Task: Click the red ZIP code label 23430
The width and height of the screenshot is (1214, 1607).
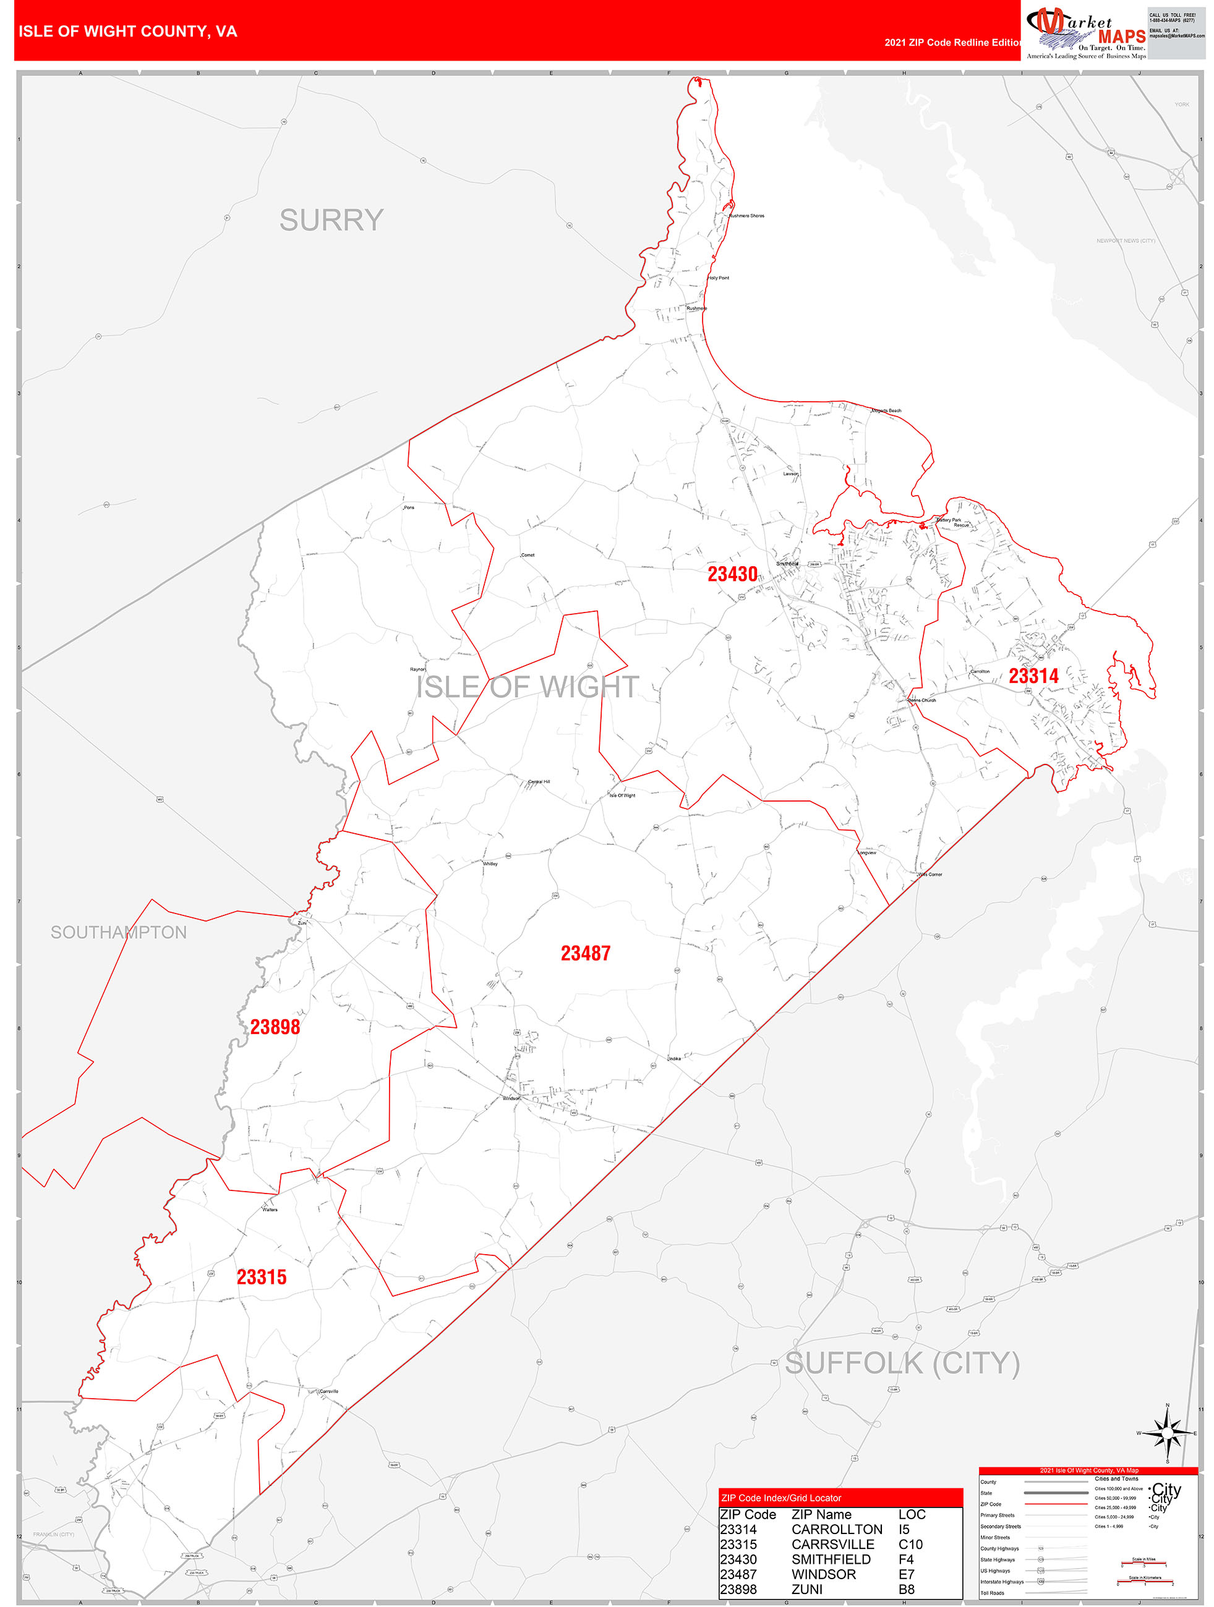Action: pyautogui.click(x=732, y=575)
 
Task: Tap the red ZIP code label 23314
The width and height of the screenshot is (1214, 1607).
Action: pyautogui.click(x=1033, y=676)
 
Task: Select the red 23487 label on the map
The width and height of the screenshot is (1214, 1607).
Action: pyautogui.click(x=585, y=953)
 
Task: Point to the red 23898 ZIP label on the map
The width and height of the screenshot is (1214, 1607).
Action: pyautogui.click(x=275, y=1027)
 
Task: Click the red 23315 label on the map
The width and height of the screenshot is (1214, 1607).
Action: pyautogui.click(x=262, y=1277)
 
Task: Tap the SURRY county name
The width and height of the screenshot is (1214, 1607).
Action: pyautogui.click(x=331, y=220)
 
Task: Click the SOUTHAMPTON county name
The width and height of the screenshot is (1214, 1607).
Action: pyautogui.click(x=119, y=932)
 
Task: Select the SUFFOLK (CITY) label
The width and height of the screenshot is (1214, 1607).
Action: pyautogui.click(x=902, y=1363)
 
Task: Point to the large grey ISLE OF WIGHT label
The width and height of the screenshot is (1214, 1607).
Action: pyautogui.click(x=528, y=687)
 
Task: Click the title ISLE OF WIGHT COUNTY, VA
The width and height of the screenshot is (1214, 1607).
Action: pyautogui.click(x=128, y=32)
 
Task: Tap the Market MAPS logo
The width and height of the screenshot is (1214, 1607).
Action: pyautogui.click(x=1085, y=33)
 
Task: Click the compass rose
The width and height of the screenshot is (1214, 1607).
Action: pyautogui.click(x=1167, y=1433)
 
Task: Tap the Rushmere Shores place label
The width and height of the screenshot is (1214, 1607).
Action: pyautogui.click(x=746, y=216)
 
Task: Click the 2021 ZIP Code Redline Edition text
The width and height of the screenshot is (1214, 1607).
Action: pyautogui.click(x=953, y=42)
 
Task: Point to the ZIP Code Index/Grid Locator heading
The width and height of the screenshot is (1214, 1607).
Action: pyautogui.click(x=780, y=1498)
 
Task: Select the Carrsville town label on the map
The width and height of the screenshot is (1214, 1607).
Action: pyautogui.click(x=328, y=1391)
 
